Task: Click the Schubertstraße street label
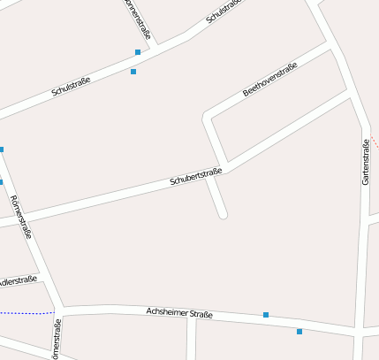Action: click(195, 176)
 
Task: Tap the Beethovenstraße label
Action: click(270, 80)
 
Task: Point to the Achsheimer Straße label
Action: click(179, 313)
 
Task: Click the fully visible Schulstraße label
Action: click(72, 86)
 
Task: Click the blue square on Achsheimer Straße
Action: click(266, 315)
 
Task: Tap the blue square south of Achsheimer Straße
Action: click(299, 332)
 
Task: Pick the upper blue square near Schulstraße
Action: click(138, 52)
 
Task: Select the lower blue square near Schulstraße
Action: click(133, 72)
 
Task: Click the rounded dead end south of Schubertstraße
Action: click(224, 213)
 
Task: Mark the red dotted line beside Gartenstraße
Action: click(375, 141)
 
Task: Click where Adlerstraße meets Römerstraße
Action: click(42, 278)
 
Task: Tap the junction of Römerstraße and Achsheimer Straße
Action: click(59, 310)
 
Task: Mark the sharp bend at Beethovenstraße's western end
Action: click(208, 115)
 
